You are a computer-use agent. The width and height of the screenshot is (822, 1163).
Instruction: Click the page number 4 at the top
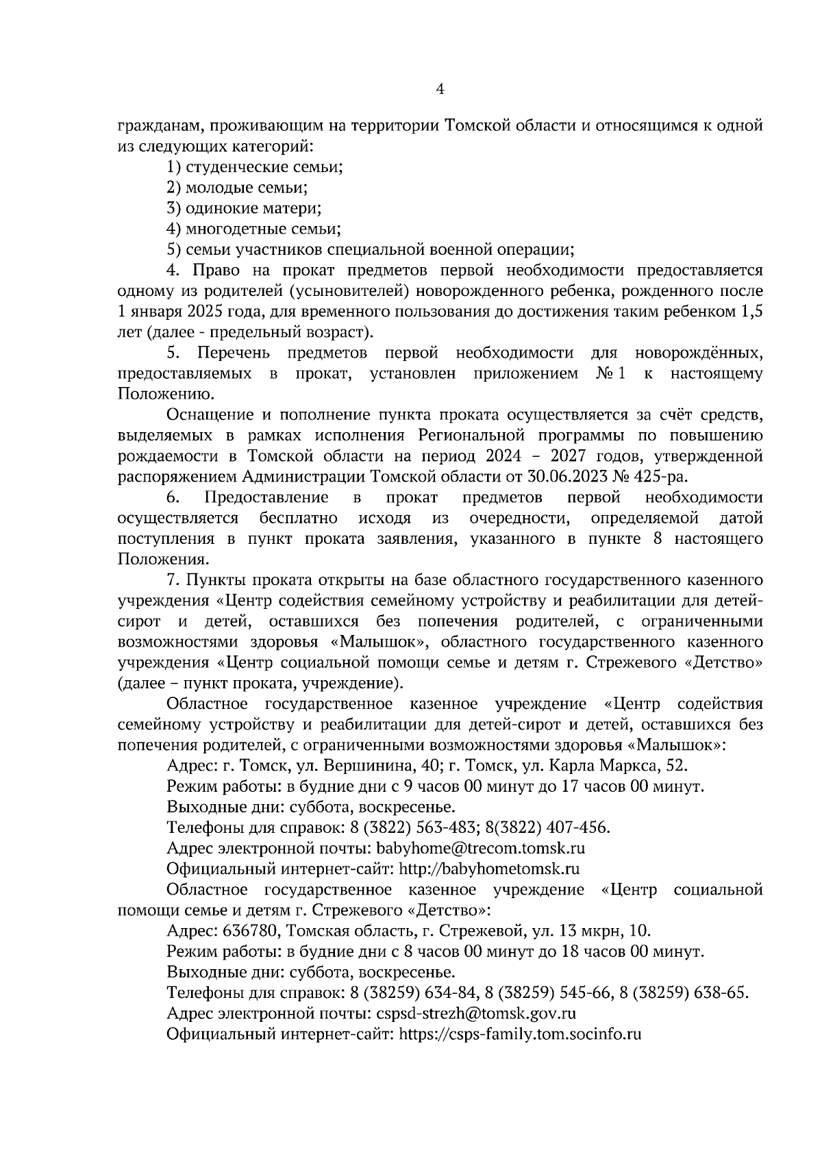440,89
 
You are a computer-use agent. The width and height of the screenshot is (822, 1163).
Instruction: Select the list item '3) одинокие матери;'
245,208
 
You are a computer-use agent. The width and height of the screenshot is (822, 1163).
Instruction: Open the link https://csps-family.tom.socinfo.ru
520,1034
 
